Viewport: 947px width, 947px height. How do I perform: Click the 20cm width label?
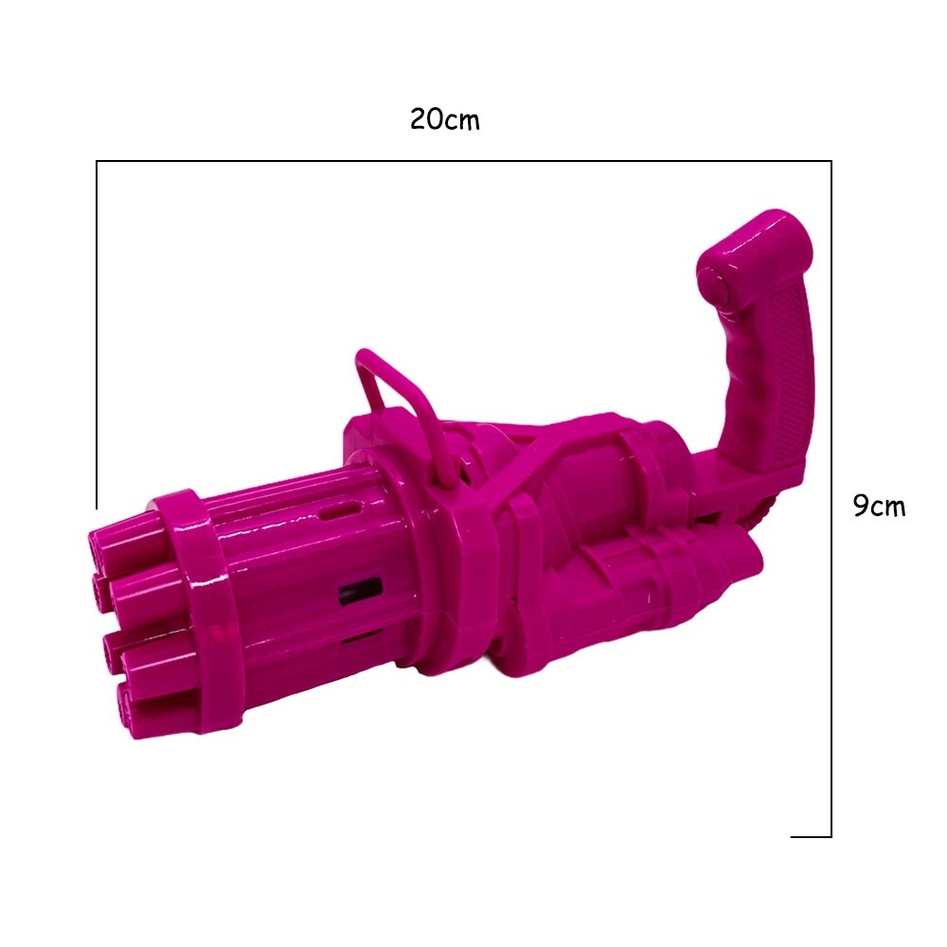(x=445, y=119)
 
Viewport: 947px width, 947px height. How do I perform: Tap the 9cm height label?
(x=879, y=506)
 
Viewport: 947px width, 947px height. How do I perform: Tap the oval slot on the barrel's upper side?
(x=339, y=511)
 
